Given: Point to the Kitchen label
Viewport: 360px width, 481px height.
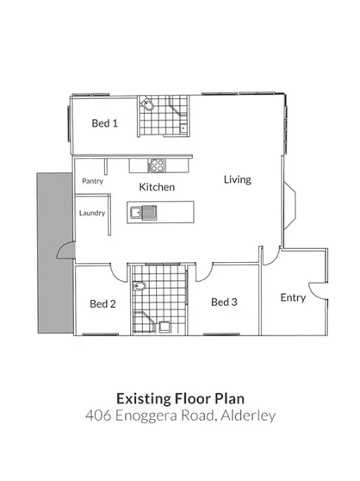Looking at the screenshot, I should click(x=157, y=187).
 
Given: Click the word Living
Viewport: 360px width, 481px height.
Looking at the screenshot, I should click(x=237, y=180).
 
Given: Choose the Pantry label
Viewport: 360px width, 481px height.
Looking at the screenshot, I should click(x=92, y=182).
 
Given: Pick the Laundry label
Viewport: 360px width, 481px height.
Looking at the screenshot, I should click(x=92, y=213).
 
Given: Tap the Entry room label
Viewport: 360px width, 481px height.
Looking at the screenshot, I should click(x=293, y=297).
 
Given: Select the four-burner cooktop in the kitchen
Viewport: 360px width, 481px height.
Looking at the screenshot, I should click(x=157, y=163).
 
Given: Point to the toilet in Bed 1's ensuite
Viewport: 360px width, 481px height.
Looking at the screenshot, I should click(x=147, y=107).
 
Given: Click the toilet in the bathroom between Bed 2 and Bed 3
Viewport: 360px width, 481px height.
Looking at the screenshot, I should click(x=143, y=288).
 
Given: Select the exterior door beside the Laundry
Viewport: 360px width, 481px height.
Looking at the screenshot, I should click(x=65, y=253).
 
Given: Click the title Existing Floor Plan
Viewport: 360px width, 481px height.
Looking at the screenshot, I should click(x=179, y=398).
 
